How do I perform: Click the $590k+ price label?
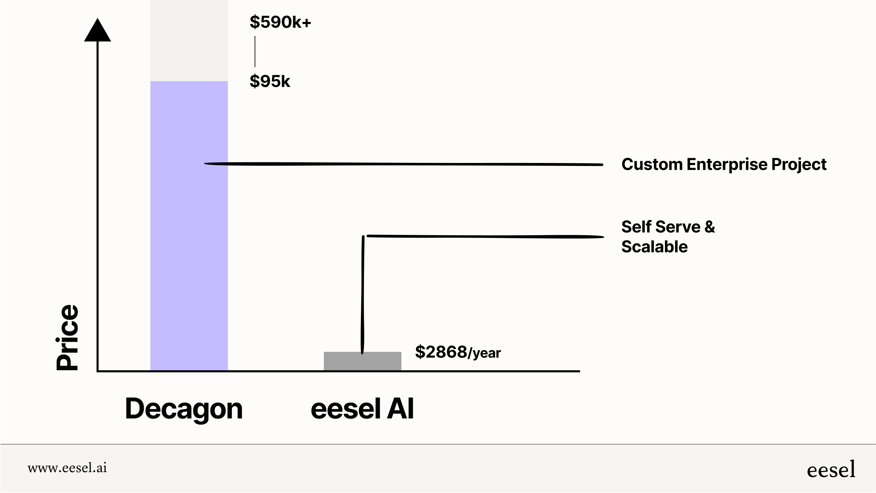[x=280, y=22]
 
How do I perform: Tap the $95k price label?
[x=270, y=81]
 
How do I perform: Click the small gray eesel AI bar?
[x=362, y=362]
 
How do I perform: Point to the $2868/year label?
[x=457, y=352]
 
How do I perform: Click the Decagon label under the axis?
[x=184, y=409]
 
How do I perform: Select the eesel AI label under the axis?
[x=362, y=409]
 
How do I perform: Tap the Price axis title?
[x=67, y=337]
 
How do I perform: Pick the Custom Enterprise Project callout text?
[x=723, y=164]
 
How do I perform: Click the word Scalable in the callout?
[x=654, y=247]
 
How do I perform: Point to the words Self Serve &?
[x=668, y=227]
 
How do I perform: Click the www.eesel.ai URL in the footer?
[x=67, y=468]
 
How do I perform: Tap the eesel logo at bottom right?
[x=831, y=470]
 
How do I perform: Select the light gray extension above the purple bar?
[x=189, y=40]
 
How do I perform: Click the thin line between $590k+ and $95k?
[x=255, y=51]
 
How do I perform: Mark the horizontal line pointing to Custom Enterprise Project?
[x=404, y=164]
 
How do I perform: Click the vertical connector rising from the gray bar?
[x=363, y=294]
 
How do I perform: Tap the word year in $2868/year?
[x=486, y=353]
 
